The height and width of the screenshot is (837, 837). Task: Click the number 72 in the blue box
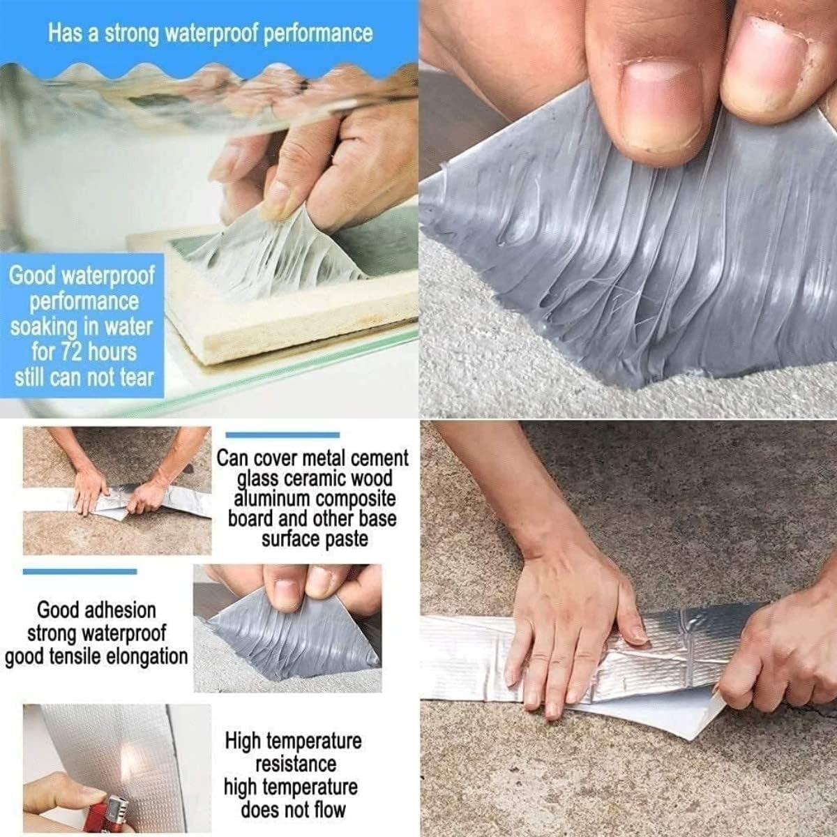pyautogui.click(x=70, y=352)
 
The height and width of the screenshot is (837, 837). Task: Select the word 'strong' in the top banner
pyautogui.click(x=132, y=34)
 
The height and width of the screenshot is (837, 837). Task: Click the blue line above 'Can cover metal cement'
pyautogui.click(x=282, y=435)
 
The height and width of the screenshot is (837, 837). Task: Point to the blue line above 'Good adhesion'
pyautogui.click(x=80, y=572)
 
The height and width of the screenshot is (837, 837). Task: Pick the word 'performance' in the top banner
pyautogui.click(x=318, y=34)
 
